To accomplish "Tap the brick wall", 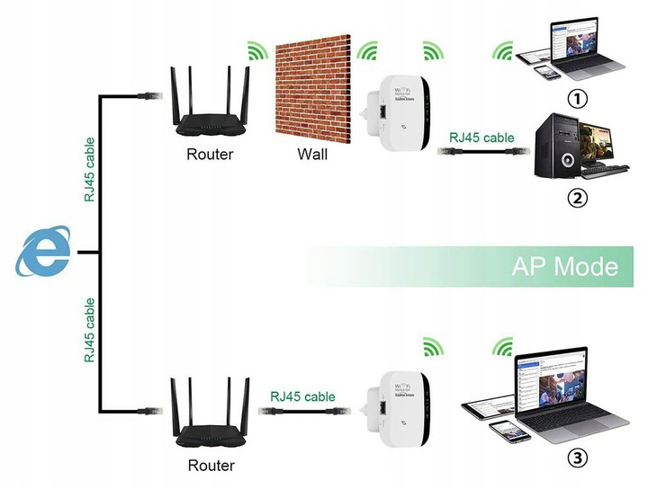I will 311,90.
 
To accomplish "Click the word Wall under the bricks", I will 312,154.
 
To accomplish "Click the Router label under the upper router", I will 210,154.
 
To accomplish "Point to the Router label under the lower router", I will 211,466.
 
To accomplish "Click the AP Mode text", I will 564,267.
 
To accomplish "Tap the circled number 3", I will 577,459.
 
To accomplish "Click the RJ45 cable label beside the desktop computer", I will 481,138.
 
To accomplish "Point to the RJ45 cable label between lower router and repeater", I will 301,396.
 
